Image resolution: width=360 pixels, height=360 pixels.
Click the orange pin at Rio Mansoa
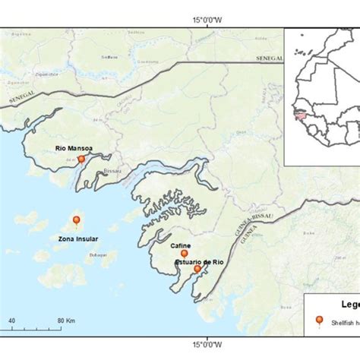click(x=81, y=159)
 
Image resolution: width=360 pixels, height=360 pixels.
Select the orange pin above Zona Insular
click(x=76, y=220)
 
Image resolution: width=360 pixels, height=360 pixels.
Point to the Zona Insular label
click(x=77, y=238)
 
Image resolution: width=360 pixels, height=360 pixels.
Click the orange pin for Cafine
click(x=183, y=254)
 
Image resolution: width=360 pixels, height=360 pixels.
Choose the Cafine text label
click(x=181, y=245)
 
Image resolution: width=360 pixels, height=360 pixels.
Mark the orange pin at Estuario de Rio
click(x=197, y=269)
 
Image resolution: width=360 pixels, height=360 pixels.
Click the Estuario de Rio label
click(x=200, y=261)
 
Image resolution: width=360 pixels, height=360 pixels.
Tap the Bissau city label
click(x=110, y=172)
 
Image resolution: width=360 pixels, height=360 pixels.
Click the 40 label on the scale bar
click(x=11, y=321)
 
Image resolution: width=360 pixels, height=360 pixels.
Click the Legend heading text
click(x=346, y=305)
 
